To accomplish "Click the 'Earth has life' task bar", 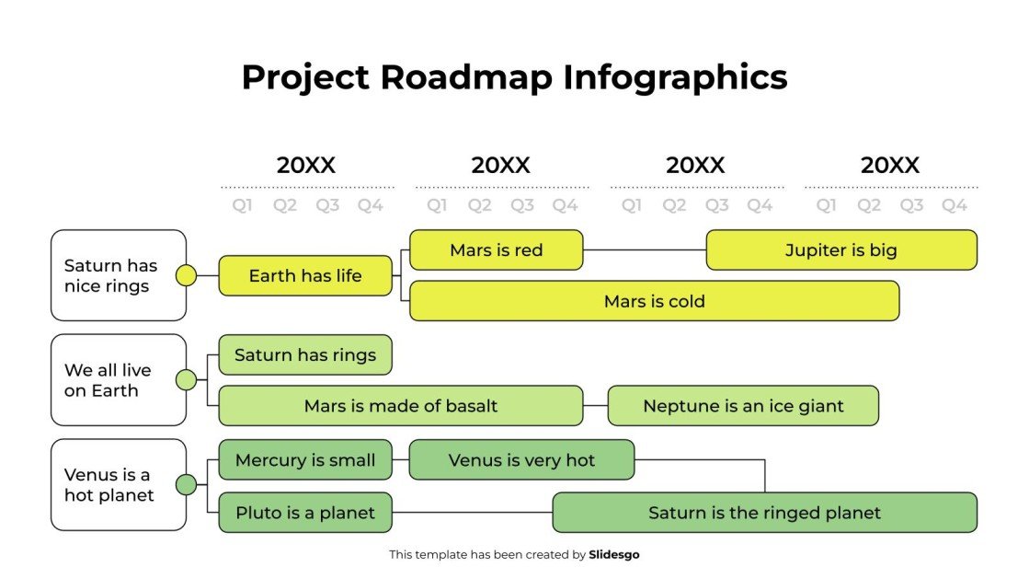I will pos(305,275).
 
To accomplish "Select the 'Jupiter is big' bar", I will pos(840,249).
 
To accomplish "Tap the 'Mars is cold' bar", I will pos(654,301).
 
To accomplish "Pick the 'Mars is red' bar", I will pos(496,249).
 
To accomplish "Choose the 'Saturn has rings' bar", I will pos(305,354).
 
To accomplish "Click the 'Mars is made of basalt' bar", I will pos(400,406).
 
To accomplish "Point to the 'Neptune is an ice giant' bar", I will pos(743,406).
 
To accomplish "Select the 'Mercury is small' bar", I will pos(305,460).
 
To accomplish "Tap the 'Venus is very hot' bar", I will pos(521,460).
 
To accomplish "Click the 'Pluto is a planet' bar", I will pos(305,513).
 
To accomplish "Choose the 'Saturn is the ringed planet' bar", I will pos(764,513).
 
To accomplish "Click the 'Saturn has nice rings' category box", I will pos(119,275).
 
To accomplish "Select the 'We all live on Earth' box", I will pos(119,380).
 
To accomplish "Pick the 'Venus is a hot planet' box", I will pos(119,485).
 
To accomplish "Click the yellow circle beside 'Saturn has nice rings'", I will pos(186,275).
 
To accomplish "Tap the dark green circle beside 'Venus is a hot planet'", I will pos(186,485).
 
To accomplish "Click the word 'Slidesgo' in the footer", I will pos(613,555).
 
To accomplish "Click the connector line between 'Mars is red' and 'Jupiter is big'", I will pos(644,249).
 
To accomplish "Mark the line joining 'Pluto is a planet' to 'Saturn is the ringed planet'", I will pos(472,513).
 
